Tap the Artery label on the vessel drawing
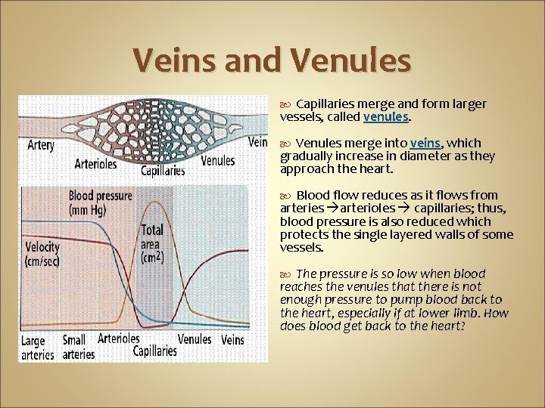pyautogui.click(x=41, y=144)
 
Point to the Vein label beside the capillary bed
pyautogui.click(x=257, y=141)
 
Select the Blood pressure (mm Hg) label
pyautogui.click(x=100, y=202)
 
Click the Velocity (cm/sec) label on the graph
pyautogui.click(x=42, y=253)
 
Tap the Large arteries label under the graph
pyautogui.click(x=39, y=348)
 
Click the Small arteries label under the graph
pyautogui.click(x=78, y=348)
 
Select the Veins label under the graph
pyautogui.click(x=232, y=340)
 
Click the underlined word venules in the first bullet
pyautogui.click(x=386, y=117)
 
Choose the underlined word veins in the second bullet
pyautogui.click(x=425, y=143)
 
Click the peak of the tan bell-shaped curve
pyautogui.click(x=156, y=202)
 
